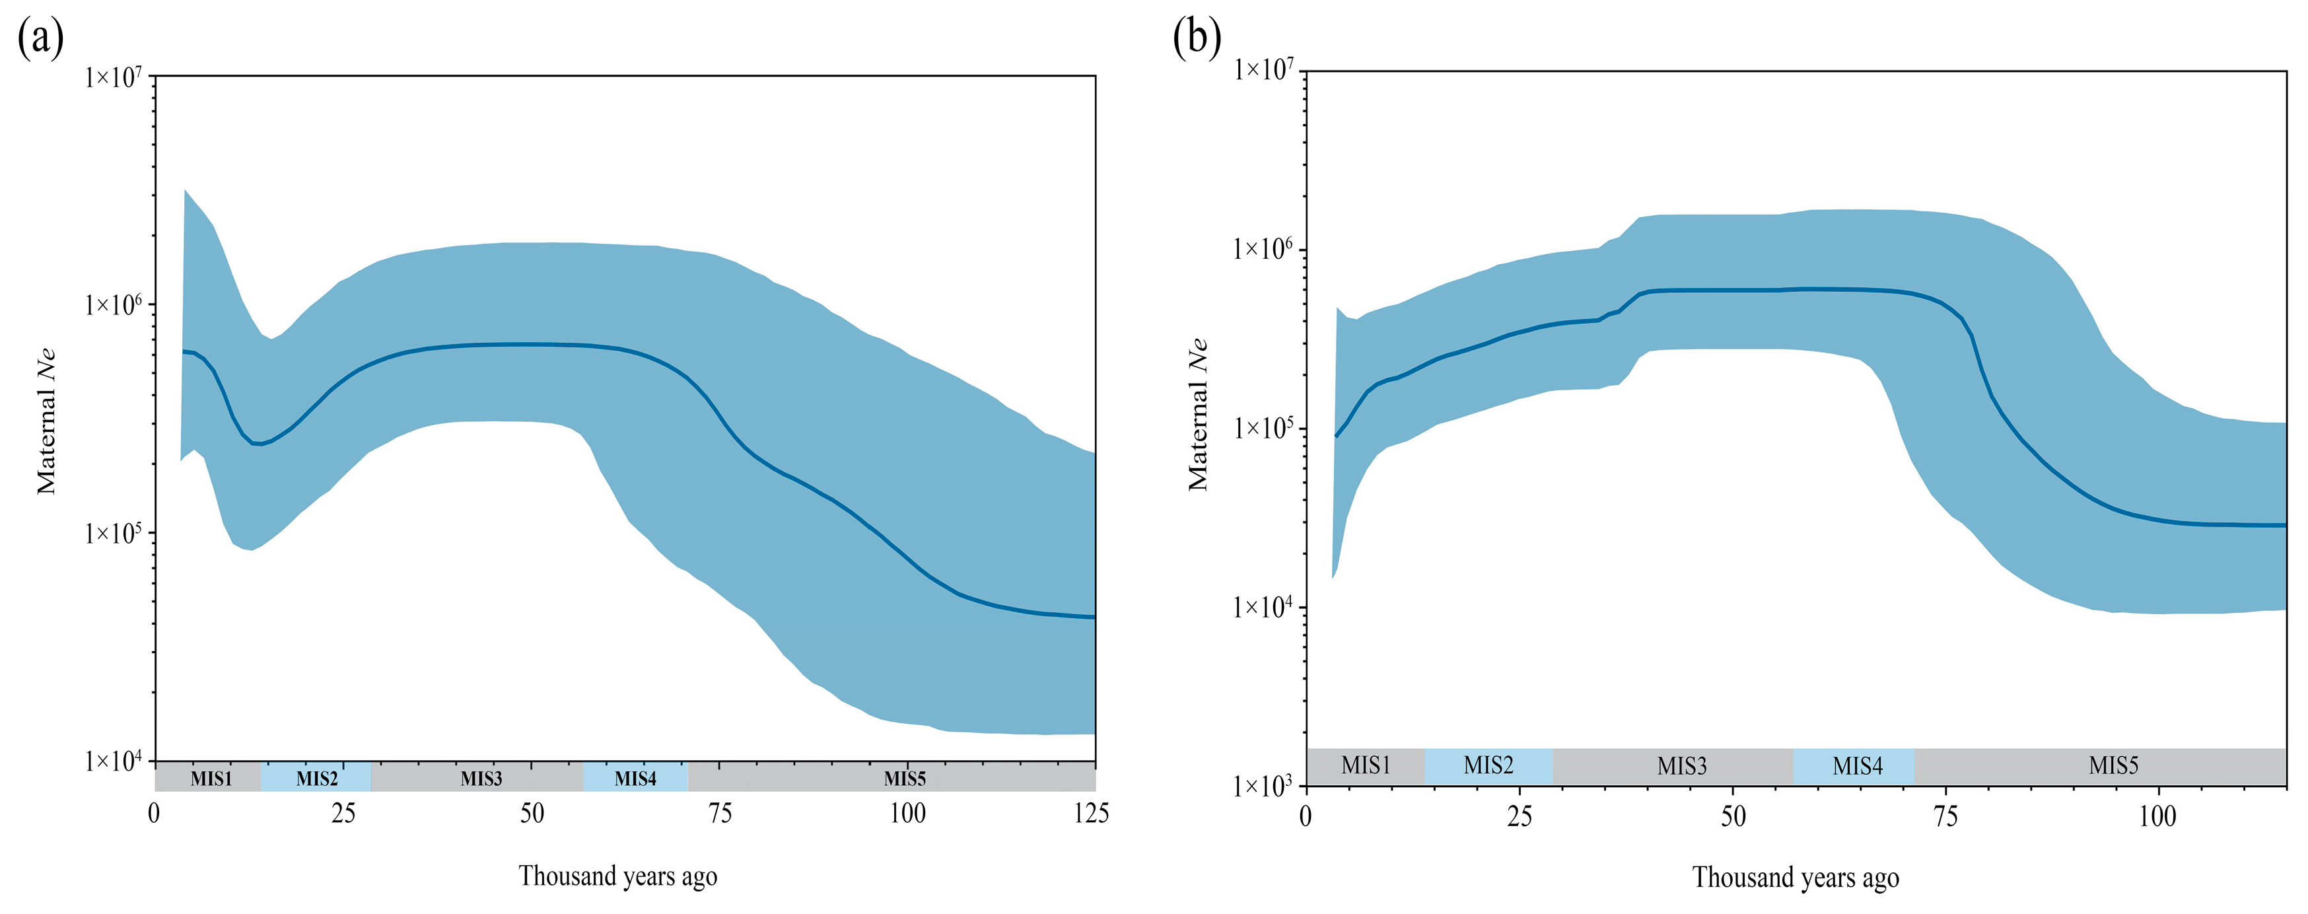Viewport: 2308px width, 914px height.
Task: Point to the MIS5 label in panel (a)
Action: [904, 778]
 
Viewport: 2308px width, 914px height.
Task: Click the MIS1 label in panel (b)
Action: [1366, 765]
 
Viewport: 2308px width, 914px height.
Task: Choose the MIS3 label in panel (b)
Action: [1682, 765]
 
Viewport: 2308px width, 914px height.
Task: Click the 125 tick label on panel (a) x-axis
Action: [1090, 814]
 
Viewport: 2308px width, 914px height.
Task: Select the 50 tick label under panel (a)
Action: [532, 814]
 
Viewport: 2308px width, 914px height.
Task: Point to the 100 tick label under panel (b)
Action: [2157, 816]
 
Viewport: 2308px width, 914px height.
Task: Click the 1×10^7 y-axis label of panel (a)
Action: [114, 78]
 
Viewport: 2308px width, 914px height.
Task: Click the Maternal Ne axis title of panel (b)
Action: [1198, 415]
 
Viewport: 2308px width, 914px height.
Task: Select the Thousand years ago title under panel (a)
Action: [617, 876]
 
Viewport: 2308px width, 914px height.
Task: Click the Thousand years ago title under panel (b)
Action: [1795, 877]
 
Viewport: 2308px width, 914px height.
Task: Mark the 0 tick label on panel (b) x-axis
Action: [1306, 816]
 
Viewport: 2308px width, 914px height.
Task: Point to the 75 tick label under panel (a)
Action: [720, 814]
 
